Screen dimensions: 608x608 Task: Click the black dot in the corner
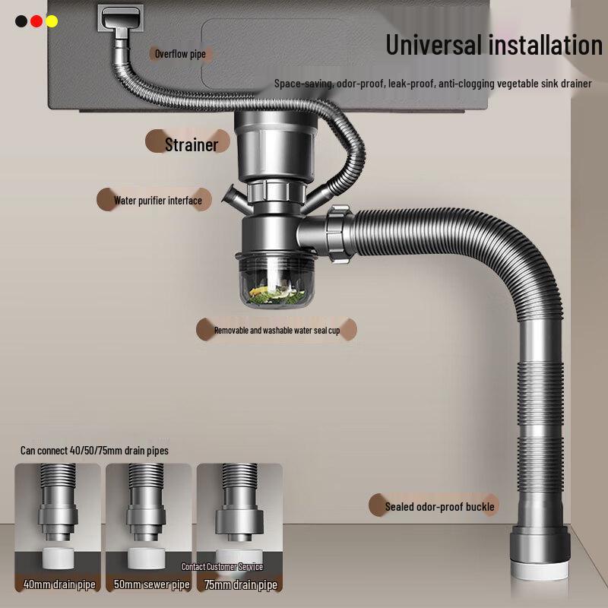[x=21, y=21]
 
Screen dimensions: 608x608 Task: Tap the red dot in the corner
[x=36, y=21]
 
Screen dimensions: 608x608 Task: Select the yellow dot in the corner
[x=52, y=21]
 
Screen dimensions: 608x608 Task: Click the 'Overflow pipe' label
[x=180, y=54]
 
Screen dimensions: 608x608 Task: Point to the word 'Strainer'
[x=192, y=144]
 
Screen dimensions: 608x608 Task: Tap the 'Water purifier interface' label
[x=158, y=201]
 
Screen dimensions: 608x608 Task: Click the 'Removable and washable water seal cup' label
[x=277, y=331]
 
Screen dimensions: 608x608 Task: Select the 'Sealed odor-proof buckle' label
[x=439, y=507]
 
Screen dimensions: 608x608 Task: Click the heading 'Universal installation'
[x=494, y=45]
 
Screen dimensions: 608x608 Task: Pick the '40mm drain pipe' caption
[x=59, y=584]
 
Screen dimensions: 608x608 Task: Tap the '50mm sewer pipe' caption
[x=150, y=584]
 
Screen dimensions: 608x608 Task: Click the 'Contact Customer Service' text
[x=222, y=567]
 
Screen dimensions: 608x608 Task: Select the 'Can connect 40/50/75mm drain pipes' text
[x=94, y=451]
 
